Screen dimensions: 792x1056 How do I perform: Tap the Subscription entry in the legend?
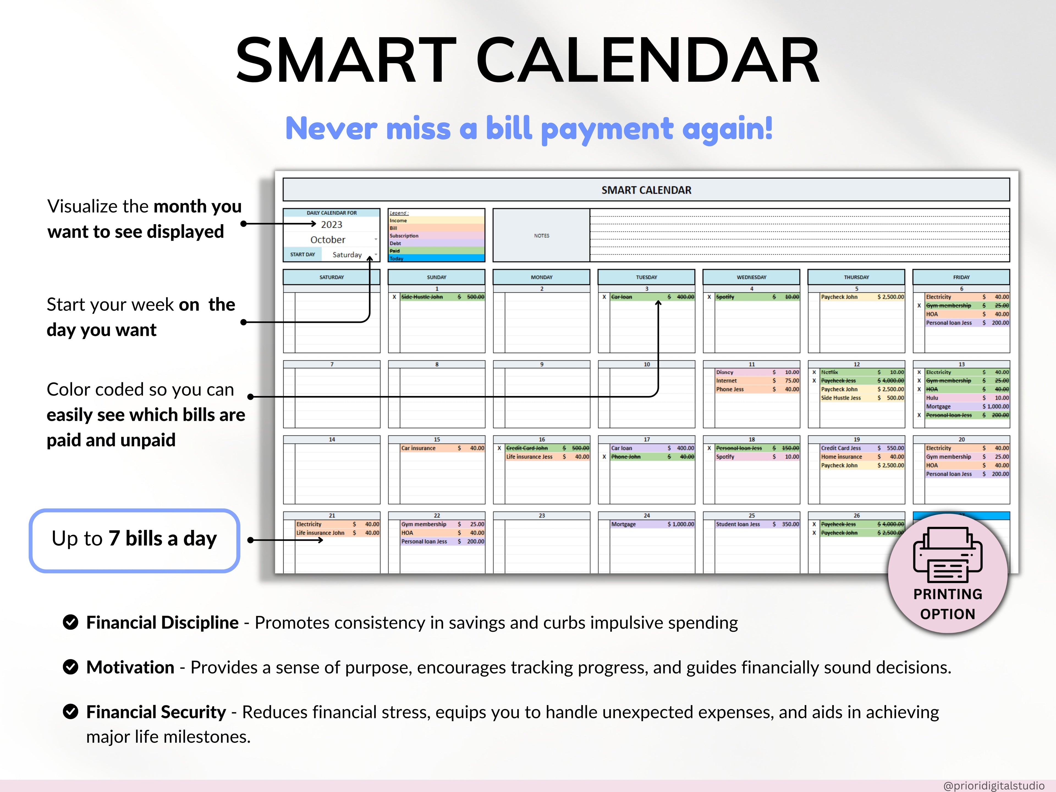pyautogui.click(x=404, y=236)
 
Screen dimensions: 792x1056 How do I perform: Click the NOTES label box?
pyautogui.click(x=541, y=235)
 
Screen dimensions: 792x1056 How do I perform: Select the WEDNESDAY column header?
pyautogui.click(x=751, y=277)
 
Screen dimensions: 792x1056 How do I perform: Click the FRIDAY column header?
pyautogui.click(x=961, y=277)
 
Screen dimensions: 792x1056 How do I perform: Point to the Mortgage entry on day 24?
pyautogui.click(x=623, y=524)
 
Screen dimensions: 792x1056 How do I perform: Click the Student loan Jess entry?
pyautogui.click(x=738, y=524)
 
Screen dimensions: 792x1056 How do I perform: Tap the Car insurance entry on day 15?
pyautogui.click(x=418, y=448)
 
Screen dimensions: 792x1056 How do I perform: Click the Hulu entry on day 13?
pyautogui.click(x=932, y=398)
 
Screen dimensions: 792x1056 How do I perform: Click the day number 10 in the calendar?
pyautogui.click(x=647, y=364)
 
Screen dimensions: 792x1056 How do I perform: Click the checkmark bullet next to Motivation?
pyautogui.click(x=71, y=667)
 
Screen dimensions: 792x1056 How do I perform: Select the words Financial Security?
pyautogui.click(x=156, y=712)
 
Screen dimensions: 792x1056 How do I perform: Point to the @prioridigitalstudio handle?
pyautogui.click(x=994, y=785)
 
